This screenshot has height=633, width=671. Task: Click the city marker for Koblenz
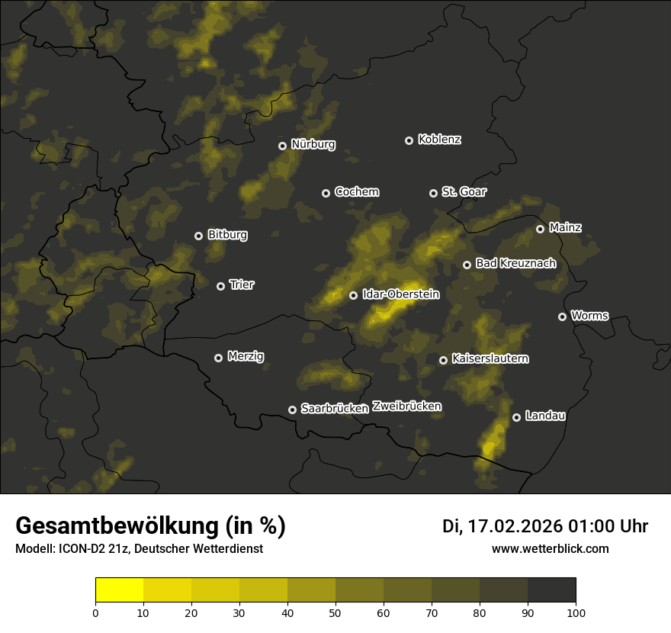pyautogui.click(x=409, y=140)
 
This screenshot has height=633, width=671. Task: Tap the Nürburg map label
pyautogui.click(x=313, y=144)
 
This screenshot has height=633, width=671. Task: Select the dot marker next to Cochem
pyautogui.click(x=326, y=193)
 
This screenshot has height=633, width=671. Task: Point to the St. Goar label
pyautogui.click(x=464, y=192)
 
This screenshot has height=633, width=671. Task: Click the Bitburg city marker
pyautogui.click(x=198, y=236)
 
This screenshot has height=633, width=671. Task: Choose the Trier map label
pyautogui.click(x=242, y=285)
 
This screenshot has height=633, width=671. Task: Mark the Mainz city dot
pyautogui.click(x=540, y=229)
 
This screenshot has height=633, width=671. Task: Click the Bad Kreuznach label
pyautogui.click(x=515, y=264)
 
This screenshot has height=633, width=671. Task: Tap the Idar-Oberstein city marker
pyautogui.click(x=353, y=295)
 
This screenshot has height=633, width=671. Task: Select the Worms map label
pyautogui.click(x=589, y=316)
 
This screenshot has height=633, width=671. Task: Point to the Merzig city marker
pyautogui.click(x=218, y=358)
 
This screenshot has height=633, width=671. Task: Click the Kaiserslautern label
pyautogui.click(x=490, y=358)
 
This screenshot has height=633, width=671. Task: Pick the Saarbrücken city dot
pyautogui.click(x=292, y=410)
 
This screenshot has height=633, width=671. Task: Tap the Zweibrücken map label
pyautogui.click(x=406, y=406)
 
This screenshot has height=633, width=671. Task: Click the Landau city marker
pyautogui.click(x=516, y=417)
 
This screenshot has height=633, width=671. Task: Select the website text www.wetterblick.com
pyautogui.click(x=550, y=548)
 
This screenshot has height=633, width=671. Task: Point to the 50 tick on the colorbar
pyautogui.click(x=335, y=612)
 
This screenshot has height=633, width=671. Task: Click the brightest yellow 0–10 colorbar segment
pyautogui.click(x=119, y=590)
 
